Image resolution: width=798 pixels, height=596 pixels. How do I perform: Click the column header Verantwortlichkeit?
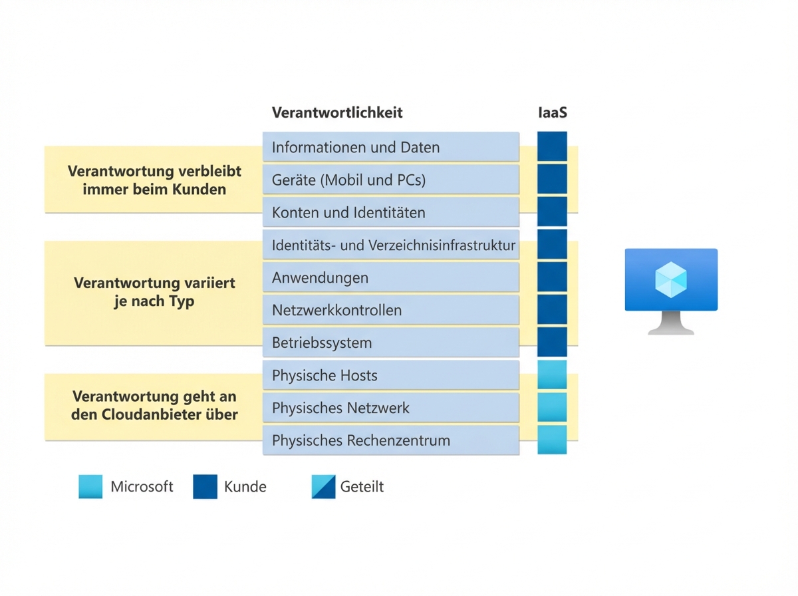tap(337, 112)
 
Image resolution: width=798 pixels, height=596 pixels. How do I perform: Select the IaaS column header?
tap(552, 112)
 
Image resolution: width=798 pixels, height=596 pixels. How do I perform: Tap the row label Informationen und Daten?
tap(356, 147)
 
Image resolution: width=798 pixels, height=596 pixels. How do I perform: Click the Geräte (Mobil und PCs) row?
tap(348, 180)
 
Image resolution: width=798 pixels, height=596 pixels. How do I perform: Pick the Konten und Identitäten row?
tap(348, 213)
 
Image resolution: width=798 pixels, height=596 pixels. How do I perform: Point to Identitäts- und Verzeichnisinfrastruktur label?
tap(393, 245)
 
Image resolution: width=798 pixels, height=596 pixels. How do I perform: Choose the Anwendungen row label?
tap(320, 278)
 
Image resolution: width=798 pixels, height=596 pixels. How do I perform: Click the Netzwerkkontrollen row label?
tap(336, 311)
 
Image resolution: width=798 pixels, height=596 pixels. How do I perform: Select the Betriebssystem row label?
tap(322, 343)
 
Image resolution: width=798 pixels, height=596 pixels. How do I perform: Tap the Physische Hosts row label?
tap(325, 376)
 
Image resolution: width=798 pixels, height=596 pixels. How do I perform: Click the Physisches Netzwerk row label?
tap(340, 408)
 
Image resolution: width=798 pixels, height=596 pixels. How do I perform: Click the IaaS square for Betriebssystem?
tap(552, 343)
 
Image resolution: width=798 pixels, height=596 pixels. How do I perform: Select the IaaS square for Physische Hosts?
tap(552, 375)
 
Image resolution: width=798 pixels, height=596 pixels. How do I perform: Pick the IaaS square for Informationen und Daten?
tap(552, 146)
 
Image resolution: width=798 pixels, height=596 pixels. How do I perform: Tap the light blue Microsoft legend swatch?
tap(90, 487)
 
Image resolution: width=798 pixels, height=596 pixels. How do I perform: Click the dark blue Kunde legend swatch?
tap(205, 487)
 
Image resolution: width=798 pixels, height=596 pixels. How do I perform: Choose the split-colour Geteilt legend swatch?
tap(323, 487)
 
